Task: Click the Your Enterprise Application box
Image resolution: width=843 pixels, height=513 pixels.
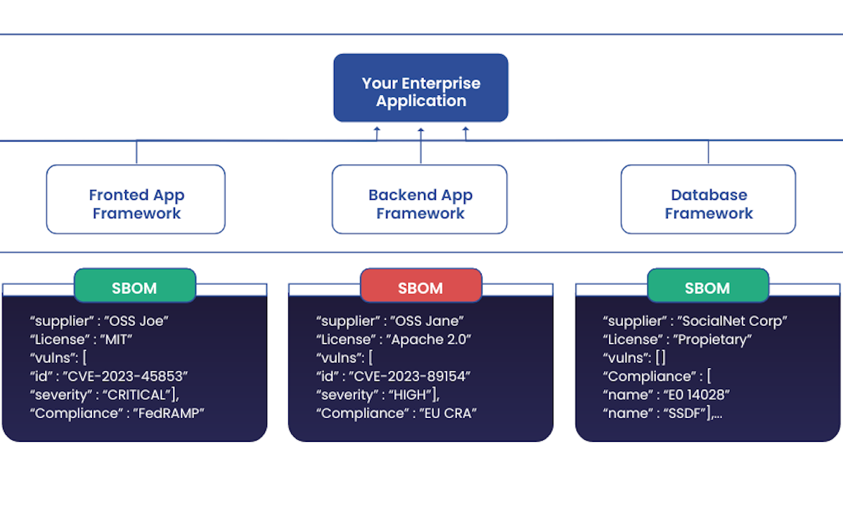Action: pyautogui.click(x=420, y=88)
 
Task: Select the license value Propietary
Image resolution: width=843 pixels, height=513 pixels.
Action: pyautogui.click(x=714, y=339)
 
